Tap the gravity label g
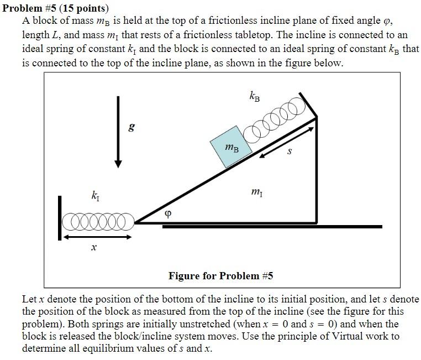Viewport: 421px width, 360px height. pos(131,129)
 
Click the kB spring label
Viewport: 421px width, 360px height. pos(255,97)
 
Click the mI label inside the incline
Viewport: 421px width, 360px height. pos(257,192)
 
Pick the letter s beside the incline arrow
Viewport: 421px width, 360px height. pos(289,151)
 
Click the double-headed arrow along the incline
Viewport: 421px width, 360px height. pos(287,141)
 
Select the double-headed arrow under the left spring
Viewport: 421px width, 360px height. pos(97,237)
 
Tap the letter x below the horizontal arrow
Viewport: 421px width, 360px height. pos(94,249)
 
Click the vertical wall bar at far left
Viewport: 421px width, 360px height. pos(60,217)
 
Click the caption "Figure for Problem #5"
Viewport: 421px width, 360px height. pos(221,275)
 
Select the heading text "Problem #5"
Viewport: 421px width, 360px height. pos(30,8)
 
